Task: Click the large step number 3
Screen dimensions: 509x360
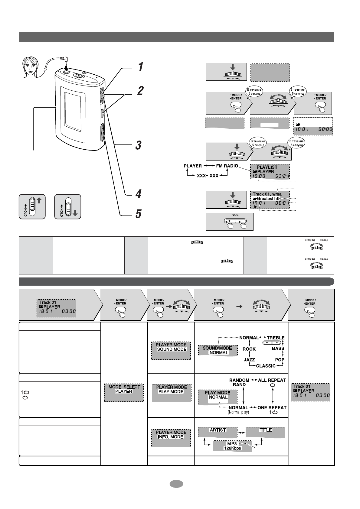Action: [x=138, y=145]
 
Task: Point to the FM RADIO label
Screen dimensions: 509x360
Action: [x=227, y=166]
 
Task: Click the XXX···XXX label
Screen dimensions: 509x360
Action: [x=208, y=175]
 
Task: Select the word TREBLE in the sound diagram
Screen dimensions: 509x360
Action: [x=276, y=338]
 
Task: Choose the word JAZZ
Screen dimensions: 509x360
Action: [x=249, y=360]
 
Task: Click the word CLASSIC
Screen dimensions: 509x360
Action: [x=266, y=366]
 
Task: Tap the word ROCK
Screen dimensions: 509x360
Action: [x=249, y=349]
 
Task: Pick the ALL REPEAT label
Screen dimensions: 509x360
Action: [x=272, y=380]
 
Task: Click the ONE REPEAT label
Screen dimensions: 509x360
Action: [x=272, y=407]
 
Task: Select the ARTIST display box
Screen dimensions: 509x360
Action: [x=218, y=432]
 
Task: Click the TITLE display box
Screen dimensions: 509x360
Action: [x=265, y=432]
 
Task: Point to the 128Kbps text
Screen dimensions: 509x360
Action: [x=232, y=448]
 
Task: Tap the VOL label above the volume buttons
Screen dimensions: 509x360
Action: [x=235, y=215]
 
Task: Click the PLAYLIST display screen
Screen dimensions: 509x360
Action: [x=270, y=171]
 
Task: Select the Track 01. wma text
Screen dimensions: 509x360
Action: [x=267, y=194]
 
